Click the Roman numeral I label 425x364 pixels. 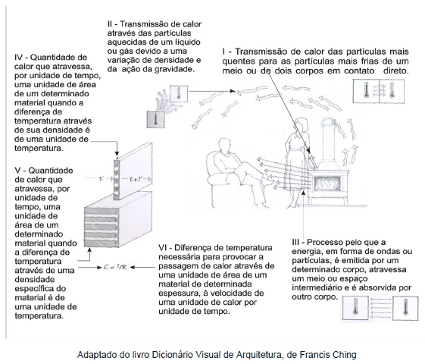point(223,52)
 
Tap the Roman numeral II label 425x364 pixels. point(110,24)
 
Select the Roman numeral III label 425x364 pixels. point(295,242)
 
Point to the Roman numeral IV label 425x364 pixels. point(18,57)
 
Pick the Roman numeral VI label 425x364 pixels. point(164,248)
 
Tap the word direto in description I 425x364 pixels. point(395,71)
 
